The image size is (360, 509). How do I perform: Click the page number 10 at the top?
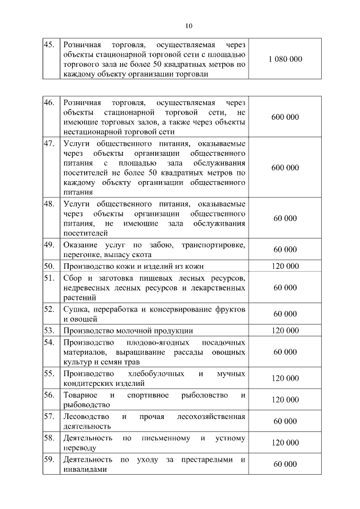coord(188,25)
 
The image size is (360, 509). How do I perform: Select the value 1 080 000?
coord(285,59)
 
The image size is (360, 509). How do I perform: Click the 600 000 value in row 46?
coord(285,117)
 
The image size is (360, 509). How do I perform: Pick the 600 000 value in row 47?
coord(285,168)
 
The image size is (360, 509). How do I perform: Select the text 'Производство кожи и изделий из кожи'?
coord(133,266)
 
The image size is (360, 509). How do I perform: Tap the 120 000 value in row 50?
coord(285,266)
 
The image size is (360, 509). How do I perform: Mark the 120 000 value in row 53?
coord(285,331)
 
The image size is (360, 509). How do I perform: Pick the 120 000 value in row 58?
coord(285,443)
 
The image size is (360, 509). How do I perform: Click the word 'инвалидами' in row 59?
coord(84,469)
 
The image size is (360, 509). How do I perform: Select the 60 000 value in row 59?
coord(285,464)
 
